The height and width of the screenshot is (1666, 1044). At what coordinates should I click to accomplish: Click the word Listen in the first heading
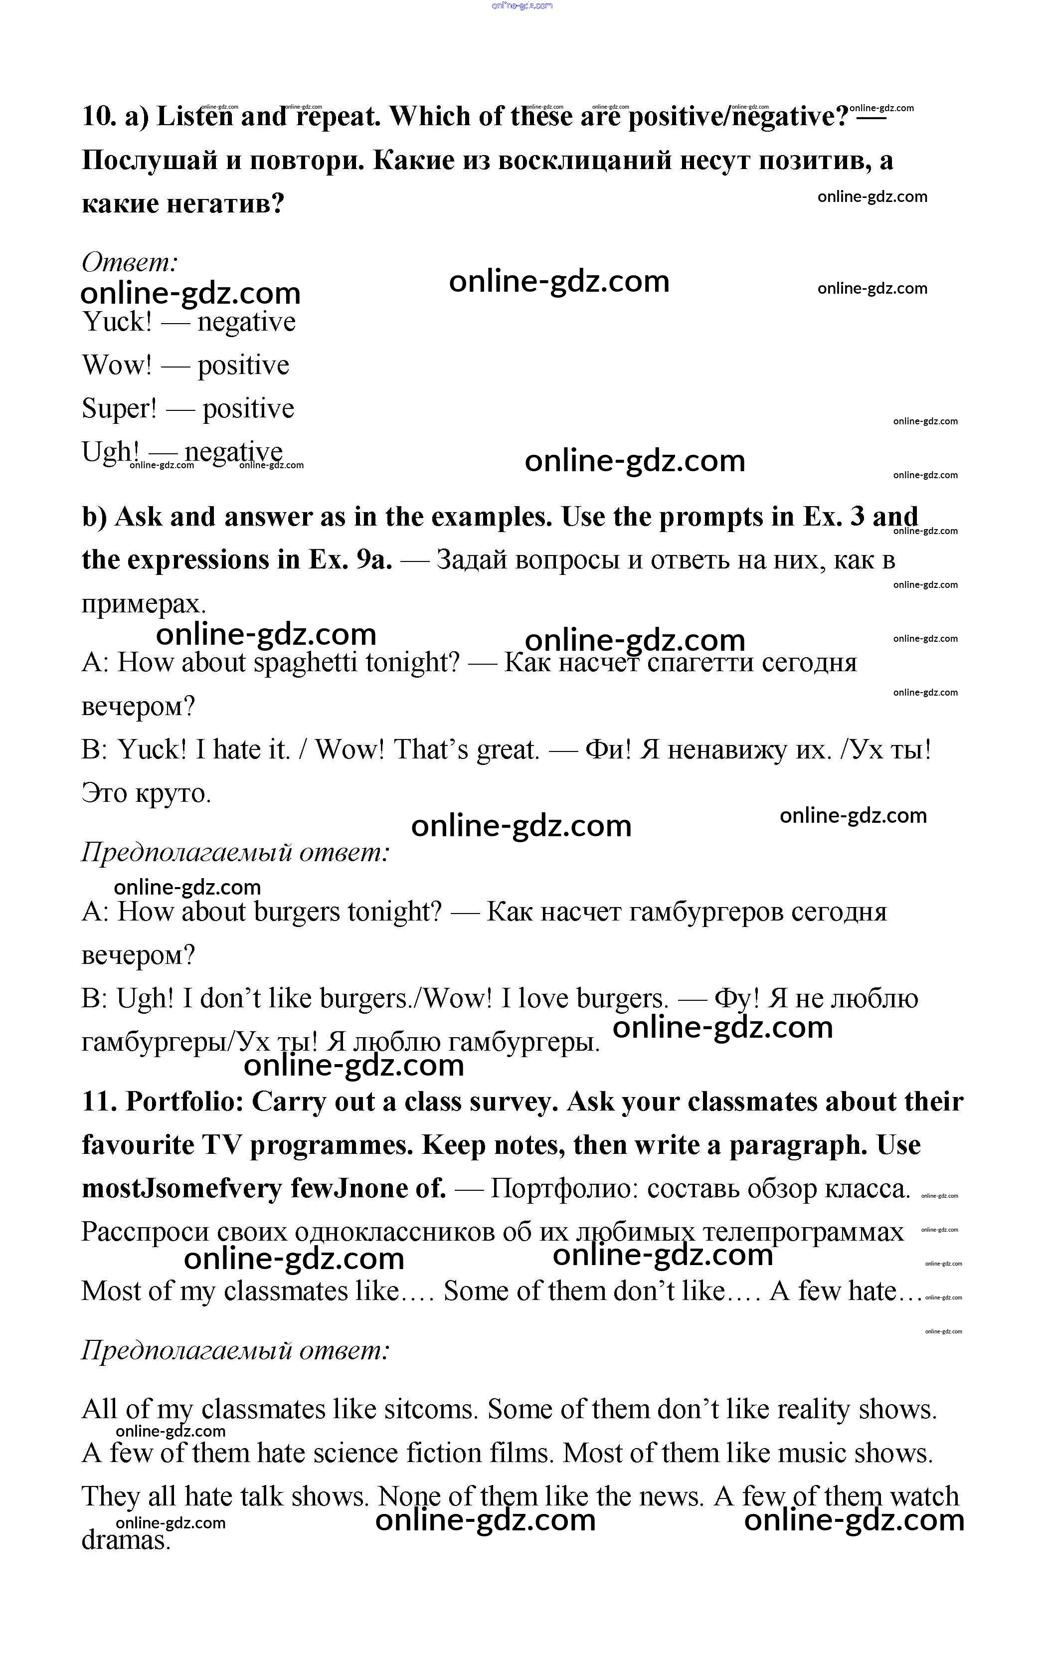(x=195, y=117)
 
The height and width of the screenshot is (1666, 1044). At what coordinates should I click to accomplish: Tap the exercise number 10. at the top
(x=99, y=117)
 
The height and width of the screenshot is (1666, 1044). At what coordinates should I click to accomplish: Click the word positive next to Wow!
(x=243, y=365)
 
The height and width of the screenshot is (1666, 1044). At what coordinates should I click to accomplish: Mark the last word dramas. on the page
(x=126, y=1540)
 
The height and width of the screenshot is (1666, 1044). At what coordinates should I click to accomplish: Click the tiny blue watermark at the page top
(x=522, y=5)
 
